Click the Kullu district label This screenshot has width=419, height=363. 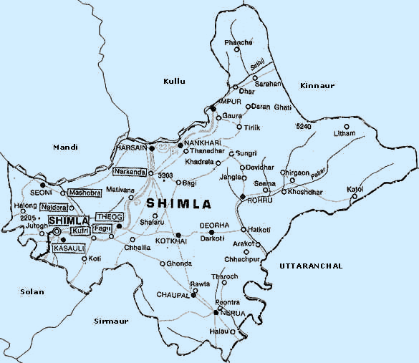(x=174, y=82)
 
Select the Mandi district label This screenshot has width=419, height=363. (x=64, y=147)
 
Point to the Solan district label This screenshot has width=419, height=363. (x=32, y=291)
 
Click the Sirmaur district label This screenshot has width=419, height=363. (x=111, y=321)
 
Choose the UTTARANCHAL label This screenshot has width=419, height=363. (x=310, y=266)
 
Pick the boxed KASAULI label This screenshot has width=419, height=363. (x=69, y=248)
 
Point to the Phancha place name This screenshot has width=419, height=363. (x=239, y=43)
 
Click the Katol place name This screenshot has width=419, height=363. (x=355, y=188)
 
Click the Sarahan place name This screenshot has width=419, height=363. (x=266, y=84)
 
